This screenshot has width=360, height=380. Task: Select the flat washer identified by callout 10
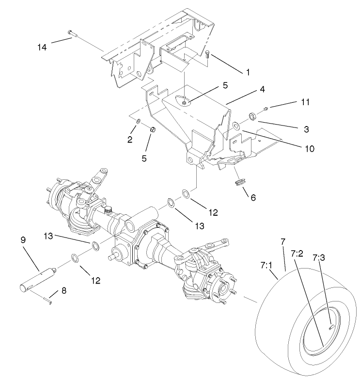click(x=236, y=126)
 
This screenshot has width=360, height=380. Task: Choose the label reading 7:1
click(x=266, y=266)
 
